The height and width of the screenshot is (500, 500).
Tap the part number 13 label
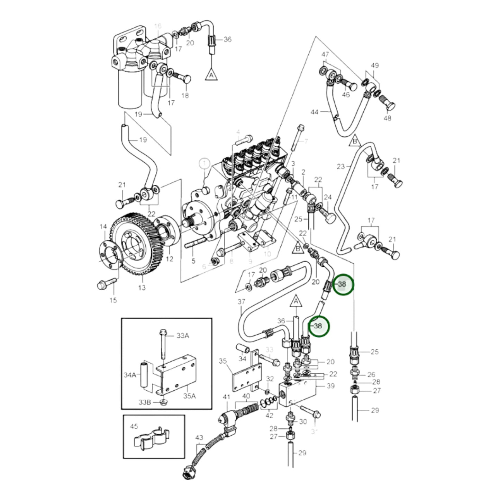[142, 288]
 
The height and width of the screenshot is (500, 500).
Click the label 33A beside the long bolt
[183, 335]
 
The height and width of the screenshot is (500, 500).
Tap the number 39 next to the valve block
[330, 385]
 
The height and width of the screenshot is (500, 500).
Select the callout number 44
[314, 112]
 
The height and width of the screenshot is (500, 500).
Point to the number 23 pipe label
[341, 166]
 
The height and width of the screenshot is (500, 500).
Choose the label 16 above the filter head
[158, 26]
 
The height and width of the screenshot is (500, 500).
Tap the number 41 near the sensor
[226, 397]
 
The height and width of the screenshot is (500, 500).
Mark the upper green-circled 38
[342, 284]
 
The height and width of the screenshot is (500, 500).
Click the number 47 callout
[325, 55]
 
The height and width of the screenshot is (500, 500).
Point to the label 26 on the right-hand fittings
[371, 374]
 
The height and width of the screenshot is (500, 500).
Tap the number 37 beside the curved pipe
[241, 302]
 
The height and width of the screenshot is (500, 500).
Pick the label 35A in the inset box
[189, 396]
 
